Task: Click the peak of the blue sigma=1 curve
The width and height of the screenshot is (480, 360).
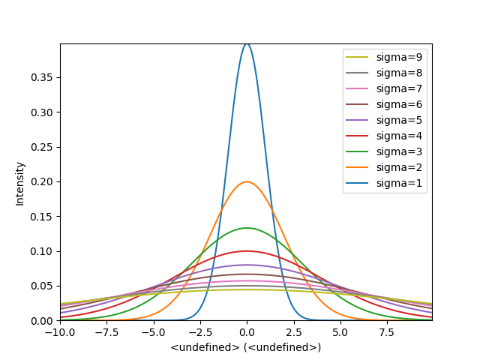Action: [247, 43]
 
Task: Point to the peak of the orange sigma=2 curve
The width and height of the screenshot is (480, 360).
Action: [247, 181]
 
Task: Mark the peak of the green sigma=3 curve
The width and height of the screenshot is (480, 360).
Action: [247, 228]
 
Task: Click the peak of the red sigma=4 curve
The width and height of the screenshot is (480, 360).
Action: [247, 251]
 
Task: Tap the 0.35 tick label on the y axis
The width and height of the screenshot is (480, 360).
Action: [43, 78]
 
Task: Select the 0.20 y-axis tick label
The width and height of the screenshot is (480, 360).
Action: [43, 182]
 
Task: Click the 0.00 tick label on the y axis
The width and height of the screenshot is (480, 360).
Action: [43, 321]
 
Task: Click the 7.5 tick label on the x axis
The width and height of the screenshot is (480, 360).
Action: [386, 332]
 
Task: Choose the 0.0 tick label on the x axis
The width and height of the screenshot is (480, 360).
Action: [247, 332]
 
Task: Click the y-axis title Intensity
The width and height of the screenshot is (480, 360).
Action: [20, 182]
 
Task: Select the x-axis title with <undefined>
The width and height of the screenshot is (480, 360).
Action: [246, 347]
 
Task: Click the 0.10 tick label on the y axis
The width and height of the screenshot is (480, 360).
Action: [43, 251]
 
